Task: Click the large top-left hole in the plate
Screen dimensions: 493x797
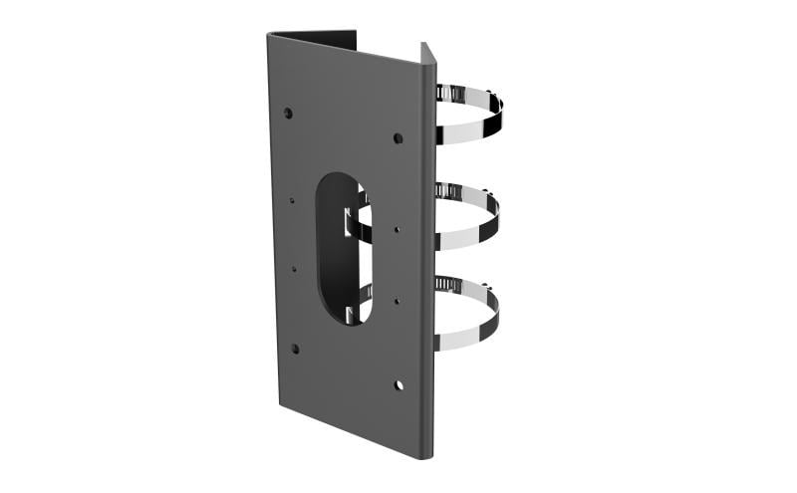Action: click(x=288, y=112)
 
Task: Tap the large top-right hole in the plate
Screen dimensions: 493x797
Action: click(x=398, y=137)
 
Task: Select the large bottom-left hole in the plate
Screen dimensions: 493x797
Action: click(x=294, y=349)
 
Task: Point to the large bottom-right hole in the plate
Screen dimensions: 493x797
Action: click(x=398, y=384)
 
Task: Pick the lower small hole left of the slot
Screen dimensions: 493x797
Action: click(x=294, y=268)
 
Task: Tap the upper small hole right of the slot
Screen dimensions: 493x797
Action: click(x=397, y=229)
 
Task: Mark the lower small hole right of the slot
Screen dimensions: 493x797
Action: click(x=397, y=300)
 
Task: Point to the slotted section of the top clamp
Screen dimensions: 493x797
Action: click(x=453, y=94)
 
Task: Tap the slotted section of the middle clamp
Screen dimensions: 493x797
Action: click(x=453, y=189)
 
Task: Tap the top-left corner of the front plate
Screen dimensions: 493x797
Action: click(x=269, y=36)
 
